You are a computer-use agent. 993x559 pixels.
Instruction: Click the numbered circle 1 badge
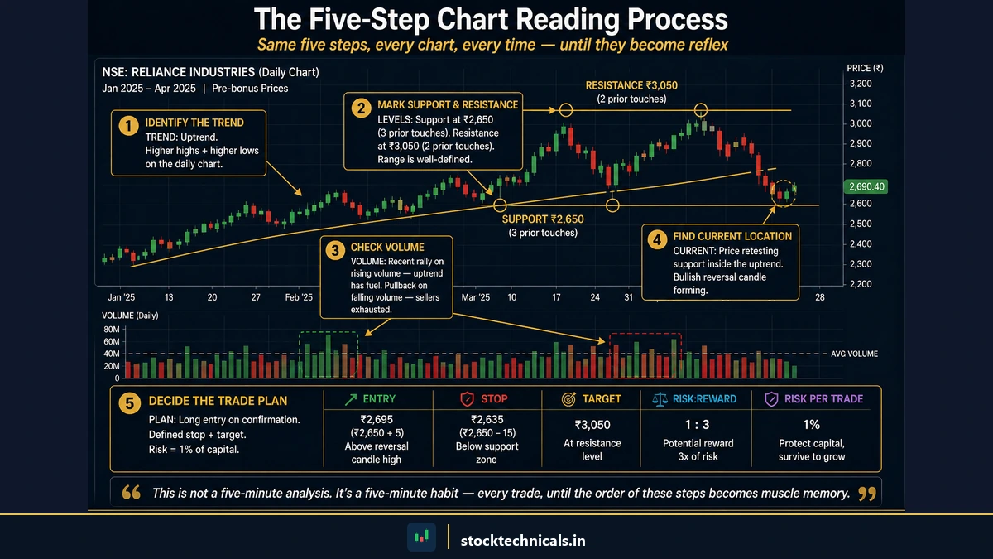127,125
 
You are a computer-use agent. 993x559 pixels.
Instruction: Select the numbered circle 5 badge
129,402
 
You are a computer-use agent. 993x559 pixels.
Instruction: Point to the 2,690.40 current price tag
864,187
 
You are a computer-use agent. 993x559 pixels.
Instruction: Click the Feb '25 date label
300,296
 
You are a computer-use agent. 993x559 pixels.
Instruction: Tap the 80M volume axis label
111,330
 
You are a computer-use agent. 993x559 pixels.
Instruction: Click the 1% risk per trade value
812,425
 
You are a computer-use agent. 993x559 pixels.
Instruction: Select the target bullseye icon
568,399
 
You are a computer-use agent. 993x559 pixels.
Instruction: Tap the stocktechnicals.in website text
523,540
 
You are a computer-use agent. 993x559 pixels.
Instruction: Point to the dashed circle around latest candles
783,193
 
